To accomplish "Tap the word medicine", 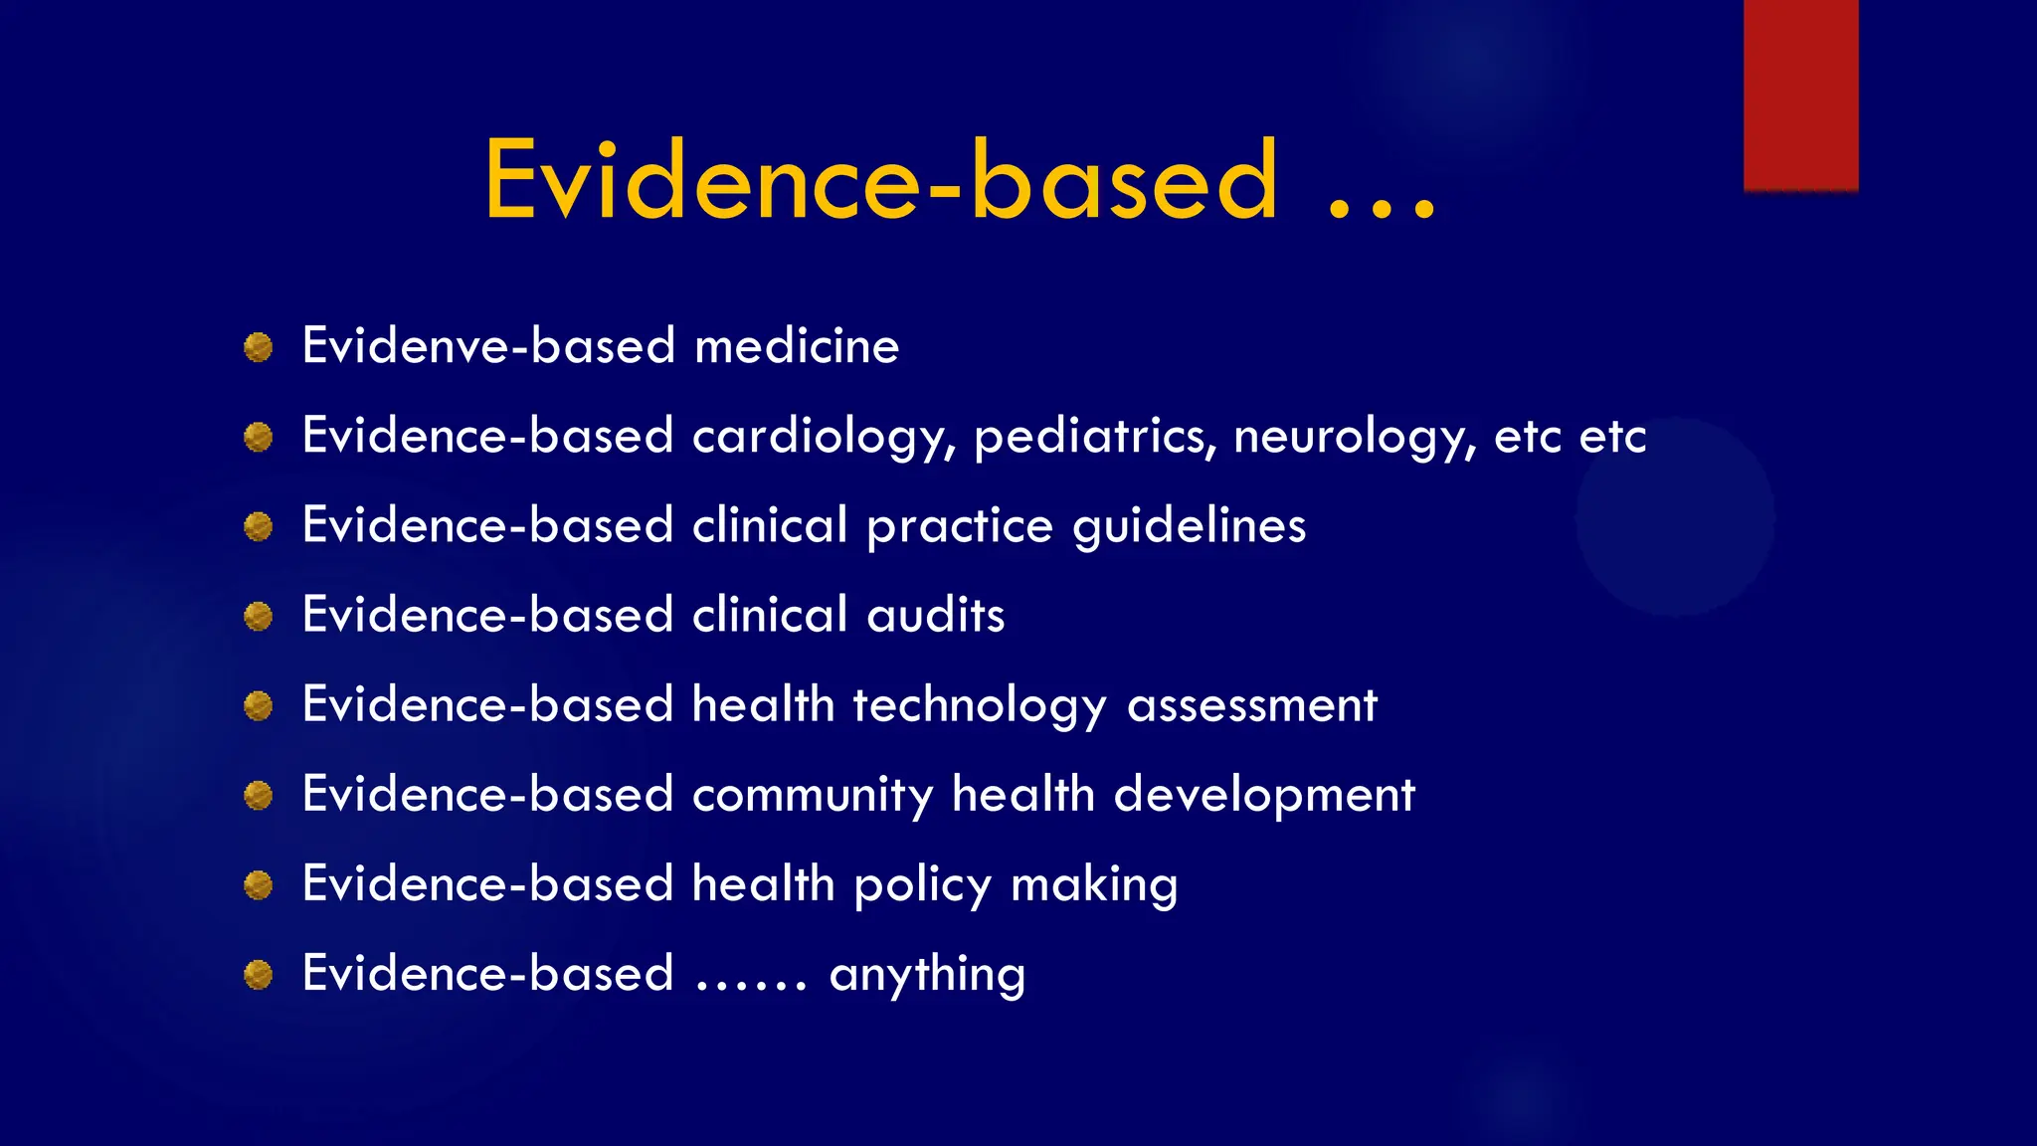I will (796, 346).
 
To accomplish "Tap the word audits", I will (935, 615).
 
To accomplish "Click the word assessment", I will (1251, 705).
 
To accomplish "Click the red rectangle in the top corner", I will (1800, 95).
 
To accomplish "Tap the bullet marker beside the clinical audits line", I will (259, 616).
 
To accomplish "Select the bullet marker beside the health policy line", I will (259, 884).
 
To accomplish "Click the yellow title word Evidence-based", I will (880, 180).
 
